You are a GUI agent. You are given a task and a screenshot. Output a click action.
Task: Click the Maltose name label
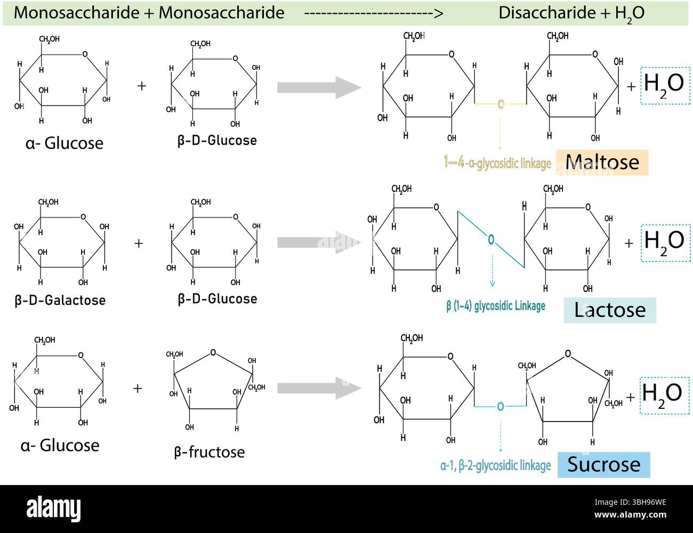[602, 162]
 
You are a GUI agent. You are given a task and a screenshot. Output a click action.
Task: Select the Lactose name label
[609, 310]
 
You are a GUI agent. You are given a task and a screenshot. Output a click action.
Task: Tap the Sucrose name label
[603, 464]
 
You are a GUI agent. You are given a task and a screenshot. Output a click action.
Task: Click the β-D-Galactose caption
[60, 300]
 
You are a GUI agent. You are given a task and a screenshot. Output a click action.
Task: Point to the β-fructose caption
[209, 452]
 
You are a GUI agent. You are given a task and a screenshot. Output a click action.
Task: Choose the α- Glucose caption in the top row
[64, 143]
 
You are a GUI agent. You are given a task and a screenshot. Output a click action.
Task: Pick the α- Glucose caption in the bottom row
[60, 445]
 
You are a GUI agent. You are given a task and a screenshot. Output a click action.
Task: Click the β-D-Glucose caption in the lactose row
[217, 298]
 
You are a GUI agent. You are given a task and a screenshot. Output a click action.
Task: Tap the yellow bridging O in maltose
[501, 104]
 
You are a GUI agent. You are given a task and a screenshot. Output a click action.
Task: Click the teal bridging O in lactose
[491, 240]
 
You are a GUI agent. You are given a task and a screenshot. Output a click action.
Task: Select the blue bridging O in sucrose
[500, 407]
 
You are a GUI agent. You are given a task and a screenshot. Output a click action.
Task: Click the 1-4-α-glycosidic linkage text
[497, 163]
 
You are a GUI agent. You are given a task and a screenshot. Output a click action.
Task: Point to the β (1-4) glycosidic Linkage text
[496, 306]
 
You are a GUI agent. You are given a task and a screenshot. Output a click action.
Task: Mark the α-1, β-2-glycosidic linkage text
[495, 465]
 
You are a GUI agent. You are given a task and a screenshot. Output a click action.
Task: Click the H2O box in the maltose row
[664, 85]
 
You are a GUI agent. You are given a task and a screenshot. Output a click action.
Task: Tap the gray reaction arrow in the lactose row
[319, 243]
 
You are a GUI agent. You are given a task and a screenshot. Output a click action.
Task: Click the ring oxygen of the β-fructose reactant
[213, 352]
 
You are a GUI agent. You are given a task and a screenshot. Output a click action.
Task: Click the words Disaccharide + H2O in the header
[571, 13]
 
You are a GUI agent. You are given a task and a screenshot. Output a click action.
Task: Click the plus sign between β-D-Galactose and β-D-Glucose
[139, 243]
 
